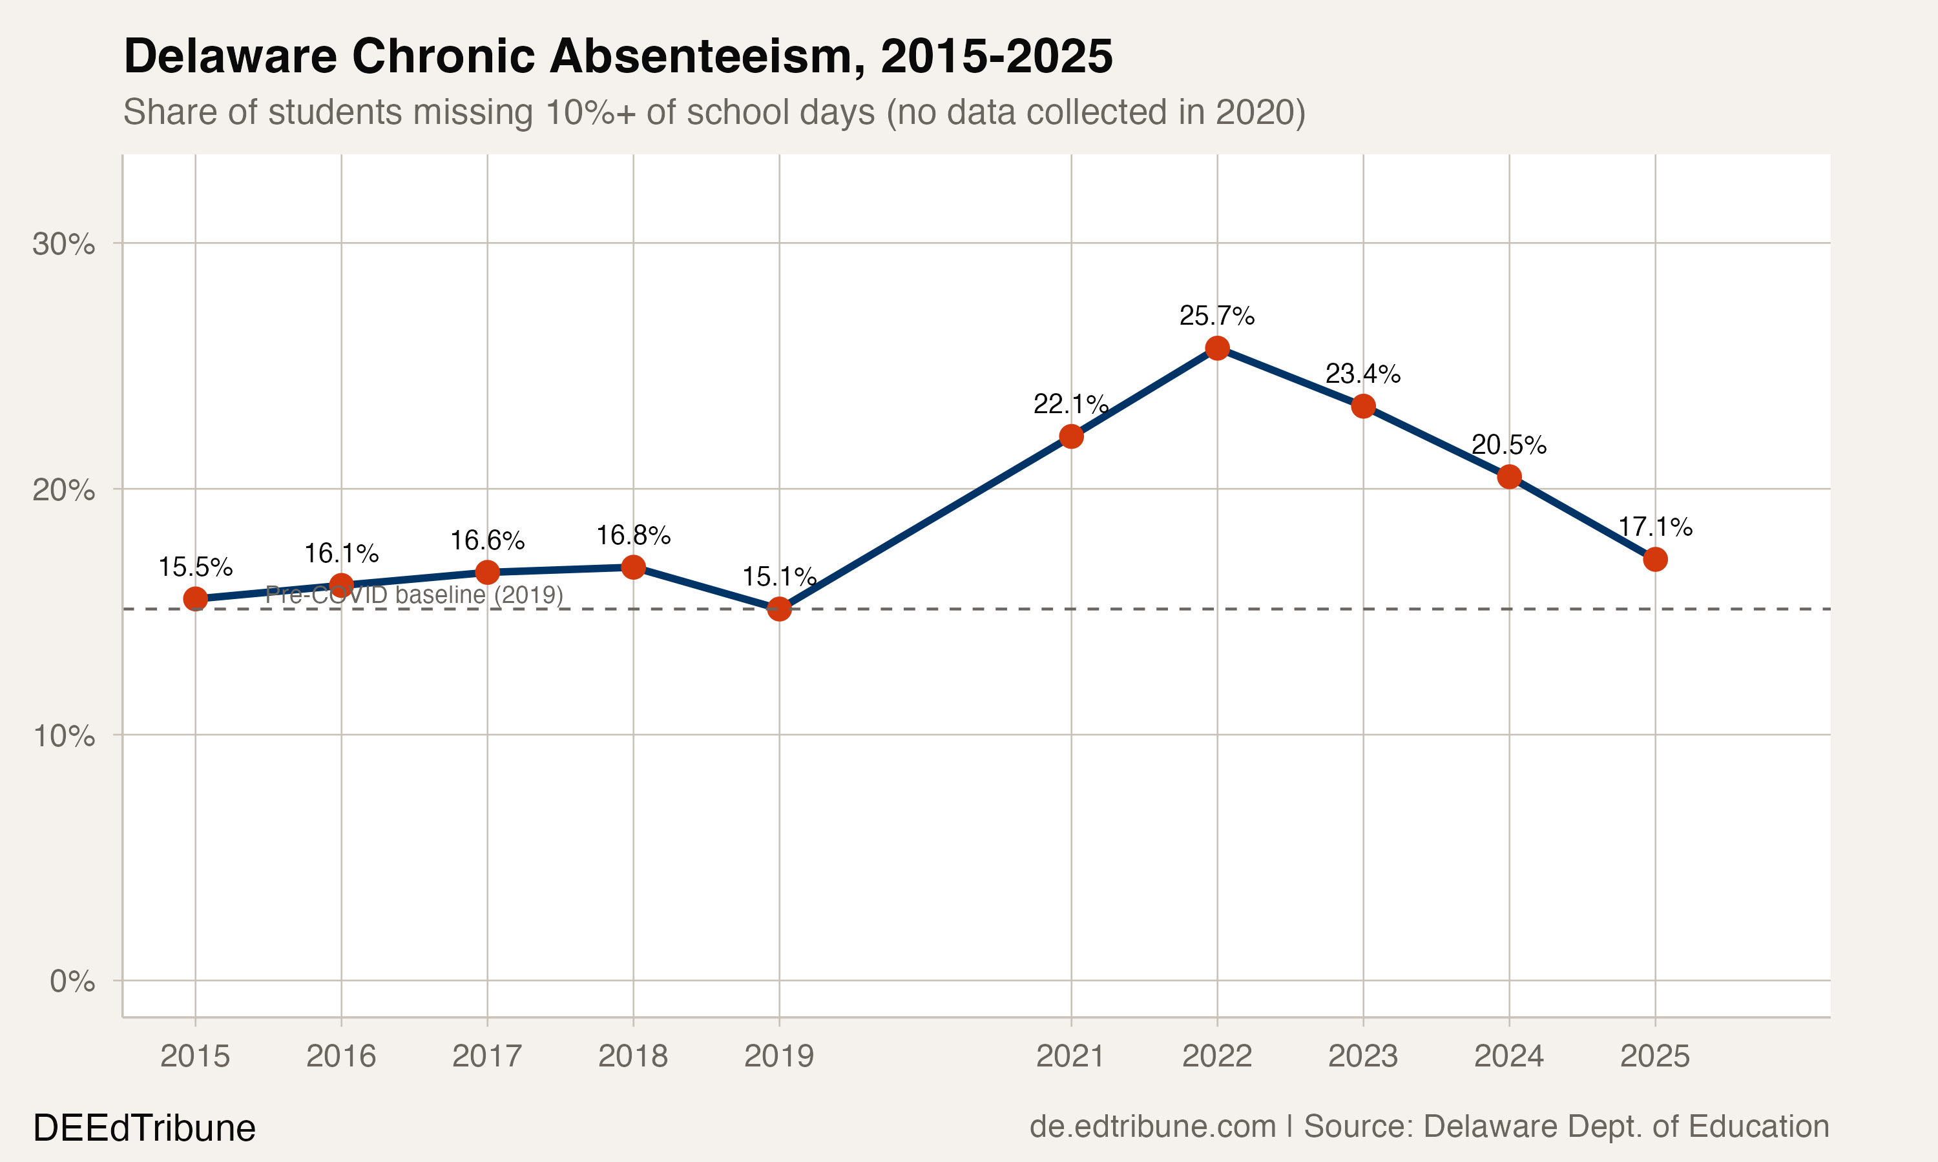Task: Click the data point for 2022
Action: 1216,349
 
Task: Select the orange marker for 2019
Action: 778,608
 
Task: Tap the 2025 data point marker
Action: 1654,559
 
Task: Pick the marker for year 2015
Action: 195,599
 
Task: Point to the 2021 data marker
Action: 1071,437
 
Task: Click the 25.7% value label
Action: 1216,316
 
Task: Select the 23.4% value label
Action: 1362,374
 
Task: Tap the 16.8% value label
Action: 633,536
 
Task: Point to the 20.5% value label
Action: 1508,445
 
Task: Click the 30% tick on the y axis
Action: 63,244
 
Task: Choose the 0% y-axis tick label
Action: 72,981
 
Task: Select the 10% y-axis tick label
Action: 63,736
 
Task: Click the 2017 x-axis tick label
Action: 486,1056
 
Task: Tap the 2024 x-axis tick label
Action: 1508,1056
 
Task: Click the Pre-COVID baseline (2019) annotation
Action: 413,595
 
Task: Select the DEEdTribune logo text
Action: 144,1128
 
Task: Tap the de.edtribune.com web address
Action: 1152,1126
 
